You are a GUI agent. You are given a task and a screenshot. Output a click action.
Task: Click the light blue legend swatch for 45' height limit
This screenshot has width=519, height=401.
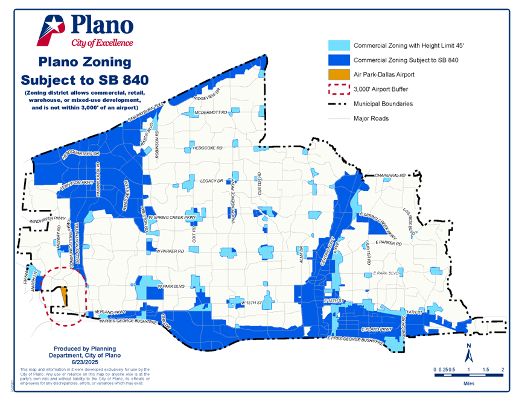338,46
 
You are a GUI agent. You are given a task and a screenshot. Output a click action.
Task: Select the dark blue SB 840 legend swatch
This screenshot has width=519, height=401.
338,60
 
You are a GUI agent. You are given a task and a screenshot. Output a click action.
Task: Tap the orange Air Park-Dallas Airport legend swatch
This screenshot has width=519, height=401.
338,75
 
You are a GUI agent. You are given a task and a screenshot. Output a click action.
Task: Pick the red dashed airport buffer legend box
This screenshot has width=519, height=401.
338,89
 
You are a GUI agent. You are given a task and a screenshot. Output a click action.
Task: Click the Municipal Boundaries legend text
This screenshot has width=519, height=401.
383,104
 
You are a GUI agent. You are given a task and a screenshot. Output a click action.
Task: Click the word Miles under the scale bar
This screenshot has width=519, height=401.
468,382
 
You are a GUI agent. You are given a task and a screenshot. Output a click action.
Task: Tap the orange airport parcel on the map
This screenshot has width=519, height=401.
63,295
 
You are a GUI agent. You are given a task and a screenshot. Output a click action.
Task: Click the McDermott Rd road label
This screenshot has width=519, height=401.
210,113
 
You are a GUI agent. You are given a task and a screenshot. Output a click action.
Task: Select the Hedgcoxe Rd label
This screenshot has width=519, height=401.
207,148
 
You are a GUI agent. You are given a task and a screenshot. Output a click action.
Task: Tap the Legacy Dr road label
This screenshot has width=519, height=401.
212,181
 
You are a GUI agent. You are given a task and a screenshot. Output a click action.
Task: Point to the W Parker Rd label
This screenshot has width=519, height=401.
170,251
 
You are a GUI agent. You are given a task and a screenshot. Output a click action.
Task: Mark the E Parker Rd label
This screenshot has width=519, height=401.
388,242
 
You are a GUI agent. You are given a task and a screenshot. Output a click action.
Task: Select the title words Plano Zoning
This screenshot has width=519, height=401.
84,62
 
